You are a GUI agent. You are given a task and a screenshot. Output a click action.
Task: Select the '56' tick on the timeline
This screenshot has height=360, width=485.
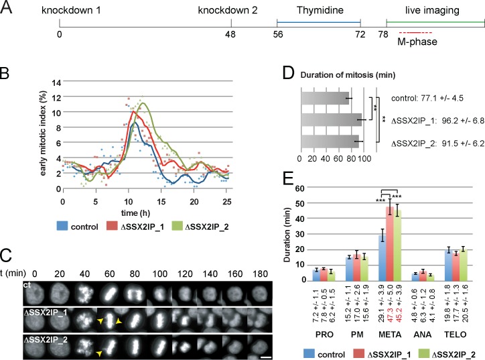click(277, 33)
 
